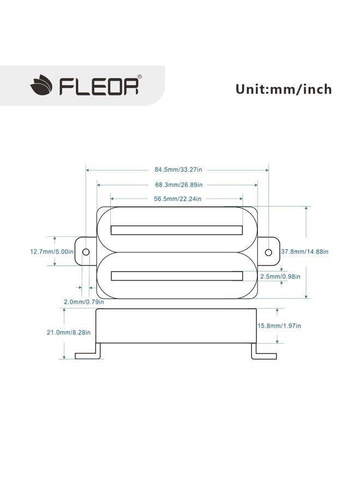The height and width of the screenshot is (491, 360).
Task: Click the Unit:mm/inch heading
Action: tap(283, 88)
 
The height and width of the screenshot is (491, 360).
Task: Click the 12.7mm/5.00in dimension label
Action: tap(51, 252)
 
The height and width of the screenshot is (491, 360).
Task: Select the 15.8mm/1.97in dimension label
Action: tap(279, 326)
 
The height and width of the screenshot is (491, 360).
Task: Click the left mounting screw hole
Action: tap(86, 253)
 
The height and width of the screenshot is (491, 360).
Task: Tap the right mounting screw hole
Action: tap(268, 253)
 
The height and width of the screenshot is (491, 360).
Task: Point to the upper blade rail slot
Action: tap(177, 230)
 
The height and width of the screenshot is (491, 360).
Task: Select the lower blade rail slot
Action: tap(177, 276)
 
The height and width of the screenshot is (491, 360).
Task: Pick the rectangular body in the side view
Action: tap(177, 326)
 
